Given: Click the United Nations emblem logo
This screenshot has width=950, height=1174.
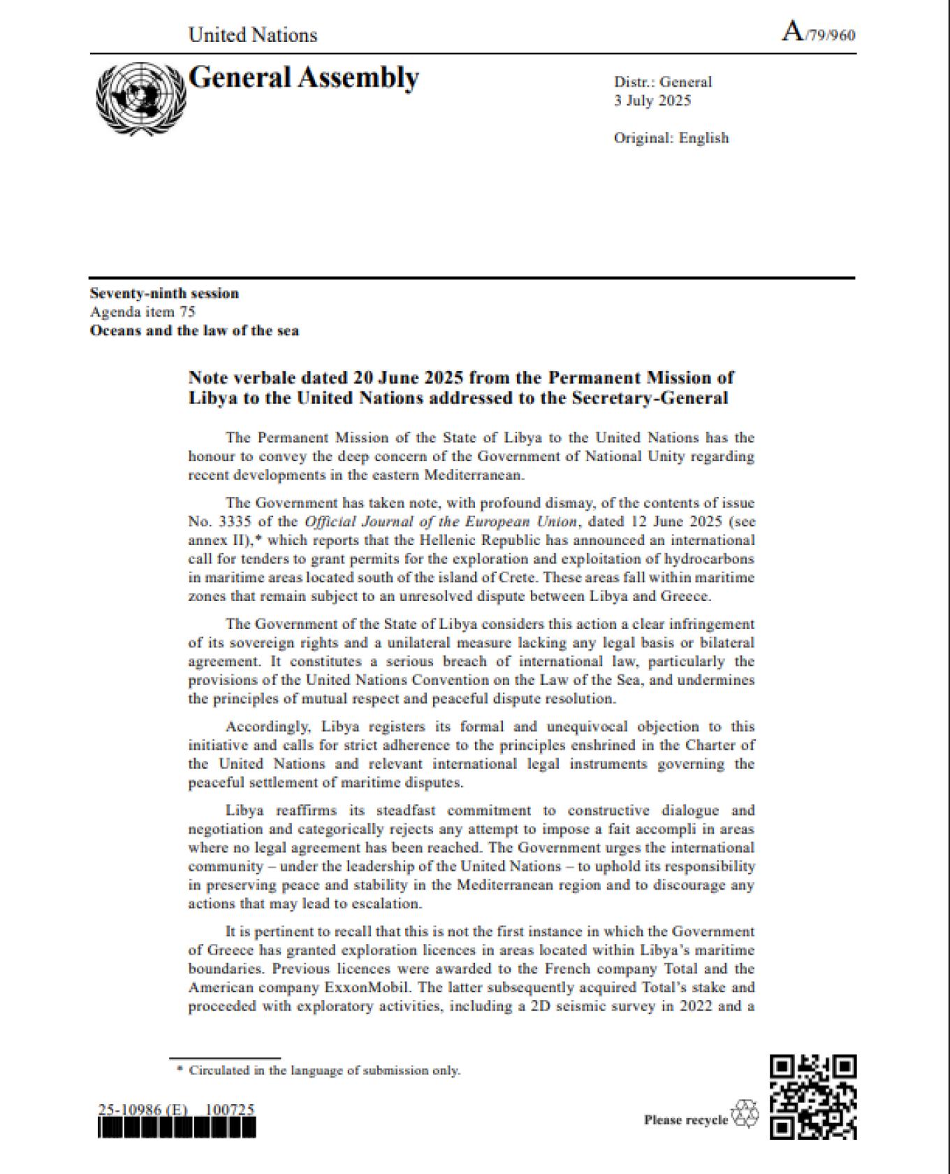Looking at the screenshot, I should (x=140, y=99).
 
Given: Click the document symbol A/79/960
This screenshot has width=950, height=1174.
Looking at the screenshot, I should (x=819, y=33).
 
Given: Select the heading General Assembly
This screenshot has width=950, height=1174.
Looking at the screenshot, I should (x=304, y=78).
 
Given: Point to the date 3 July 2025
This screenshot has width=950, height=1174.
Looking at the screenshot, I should (x=652, y=101).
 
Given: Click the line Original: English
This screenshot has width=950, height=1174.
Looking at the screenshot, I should (x=671, y=138).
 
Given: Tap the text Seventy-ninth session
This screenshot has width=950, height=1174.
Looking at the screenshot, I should (x=164, y=293).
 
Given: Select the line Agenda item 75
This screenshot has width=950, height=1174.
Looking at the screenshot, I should (x=142, y=312).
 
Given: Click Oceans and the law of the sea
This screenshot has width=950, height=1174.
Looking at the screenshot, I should (x=194, y=331).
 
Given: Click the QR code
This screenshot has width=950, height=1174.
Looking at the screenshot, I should (x=813, y=1097).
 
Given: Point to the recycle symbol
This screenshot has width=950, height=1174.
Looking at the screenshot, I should (x=745, y=1114).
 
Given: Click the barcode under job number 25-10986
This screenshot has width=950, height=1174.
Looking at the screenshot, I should (x=177, y=1129).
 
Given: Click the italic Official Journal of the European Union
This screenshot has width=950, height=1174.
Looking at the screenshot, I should (x=441, y=521).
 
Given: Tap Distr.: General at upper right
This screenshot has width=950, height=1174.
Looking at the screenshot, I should (x=662, y=82).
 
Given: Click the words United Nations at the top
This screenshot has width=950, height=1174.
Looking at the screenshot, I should (x=253, y=35).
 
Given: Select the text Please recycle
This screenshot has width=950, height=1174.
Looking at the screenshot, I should (x=685, y=1120).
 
